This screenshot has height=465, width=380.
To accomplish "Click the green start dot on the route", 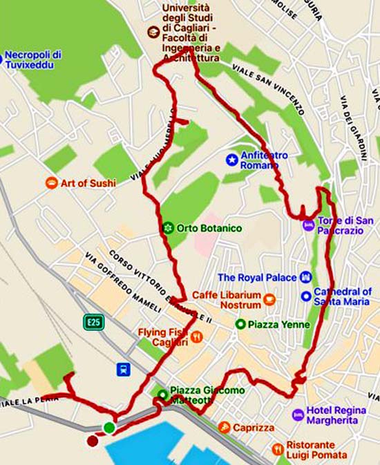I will pos(109,428).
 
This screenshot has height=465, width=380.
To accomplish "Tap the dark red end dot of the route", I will pos(93,440).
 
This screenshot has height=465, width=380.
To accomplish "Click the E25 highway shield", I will pos(93,321).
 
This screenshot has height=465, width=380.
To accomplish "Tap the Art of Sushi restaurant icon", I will pos(51,183).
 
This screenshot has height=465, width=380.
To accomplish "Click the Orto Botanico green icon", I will pos(167,227).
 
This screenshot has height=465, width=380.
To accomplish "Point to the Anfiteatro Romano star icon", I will pos(231,160).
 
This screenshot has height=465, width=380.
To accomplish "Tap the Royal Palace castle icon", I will pos(306,277).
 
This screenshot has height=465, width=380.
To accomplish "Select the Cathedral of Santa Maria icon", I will pos(305,296).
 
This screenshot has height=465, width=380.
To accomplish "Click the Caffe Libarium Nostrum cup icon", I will pos(270,298).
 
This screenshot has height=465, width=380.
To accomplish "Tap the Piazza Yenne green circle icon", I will pos(240,324).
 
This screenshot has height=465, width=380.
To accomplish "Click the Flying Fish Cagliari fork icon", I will pos(197,336).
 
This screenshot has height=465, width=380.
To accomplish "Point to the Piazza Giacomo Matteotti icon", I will pos(162,395).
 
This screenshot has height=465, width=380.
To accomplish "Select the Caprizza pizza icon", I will pos(224,428).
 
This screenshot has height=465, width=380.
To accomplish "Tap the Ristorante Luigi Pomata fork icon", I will pos(278,448).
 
